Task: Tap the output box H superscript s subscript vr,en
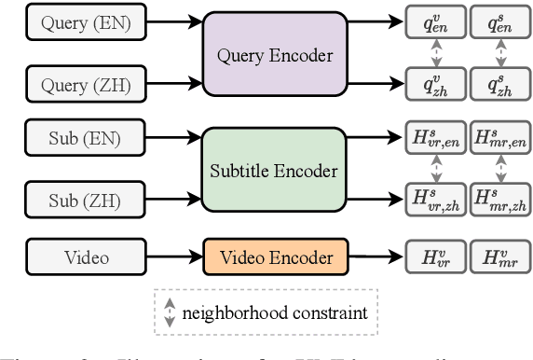click(x=433, y=140)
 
